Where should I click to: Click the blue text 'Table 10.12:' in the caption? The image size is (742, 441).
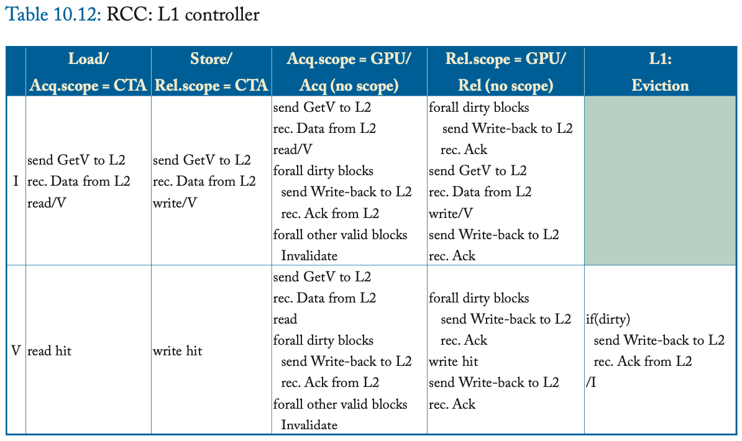click(53, 14)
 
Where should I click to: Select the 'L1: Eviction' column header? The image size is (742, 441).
click(660, 71)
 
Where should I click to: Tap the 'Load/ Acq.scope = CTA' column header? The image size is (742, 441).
click(88, 71)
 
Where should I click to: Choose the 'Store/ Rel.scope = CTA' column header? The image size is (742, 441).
click(211, 71)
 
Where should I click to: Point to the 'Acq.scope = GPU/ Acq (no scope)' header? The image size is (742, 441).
click(349, 71)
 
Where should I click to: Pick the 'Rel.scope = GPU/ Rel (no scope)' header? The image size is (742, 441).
click(505, 71)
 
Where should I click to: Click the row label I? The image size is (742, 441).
click(16, 181)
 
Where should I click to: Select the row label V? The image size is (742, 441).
click(16, 351)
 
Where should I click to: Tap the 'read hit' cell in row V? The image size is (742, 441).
click(50, 351)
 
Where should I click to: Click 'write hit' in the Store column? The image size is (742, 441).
click(177, 351)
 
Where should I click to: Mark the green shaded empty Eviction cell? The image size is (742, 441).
click(660, 180)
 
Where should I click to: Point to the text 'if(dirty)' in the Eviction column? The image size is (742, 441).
click(608, 319)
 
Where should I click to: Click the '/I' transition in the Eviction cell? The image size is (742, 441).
click(591, 383)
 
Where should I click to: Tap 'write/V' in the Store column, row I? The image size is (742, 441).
click(175, 202)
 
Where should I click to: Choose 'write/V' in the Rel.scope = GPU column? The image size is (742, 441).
click(451, 214)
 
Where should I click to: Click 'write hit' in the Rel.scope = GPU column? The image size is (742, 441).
click(453, 361)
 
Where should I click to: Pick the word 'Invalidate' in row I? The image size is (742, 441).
click(309, 256)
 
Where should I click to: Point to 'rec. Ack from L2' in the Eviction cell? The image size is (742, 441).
click(643, 361)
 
